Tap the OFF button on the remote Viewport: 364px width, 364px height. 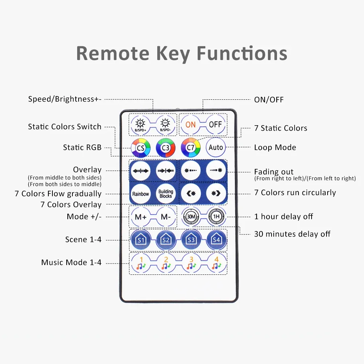point(215,124)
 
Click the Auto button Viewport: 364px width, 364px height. point(215,147)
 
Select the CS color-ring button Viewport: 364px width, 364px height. point(141,148)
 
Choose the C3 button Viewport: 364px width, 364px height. point(166,148)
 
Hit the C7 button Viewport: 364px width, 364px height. point(191,148)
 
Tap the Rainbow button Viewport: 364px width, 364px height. point(141,194)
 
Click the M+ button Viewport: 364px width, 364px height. point(141,217)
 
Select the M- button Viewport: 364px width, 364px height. point(166,217)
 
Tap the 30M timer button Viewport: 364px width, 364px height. point(191,217)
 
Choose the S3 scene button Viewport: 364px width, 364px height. point(191,240)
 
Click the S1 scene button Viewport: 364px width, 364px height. point(141,240)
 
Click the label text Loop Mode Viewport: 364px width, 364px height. point(275,147)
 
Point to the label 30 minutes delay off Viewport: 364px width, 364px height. point(292,234)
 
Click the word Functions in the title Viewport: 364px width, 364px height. point(242,53)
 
